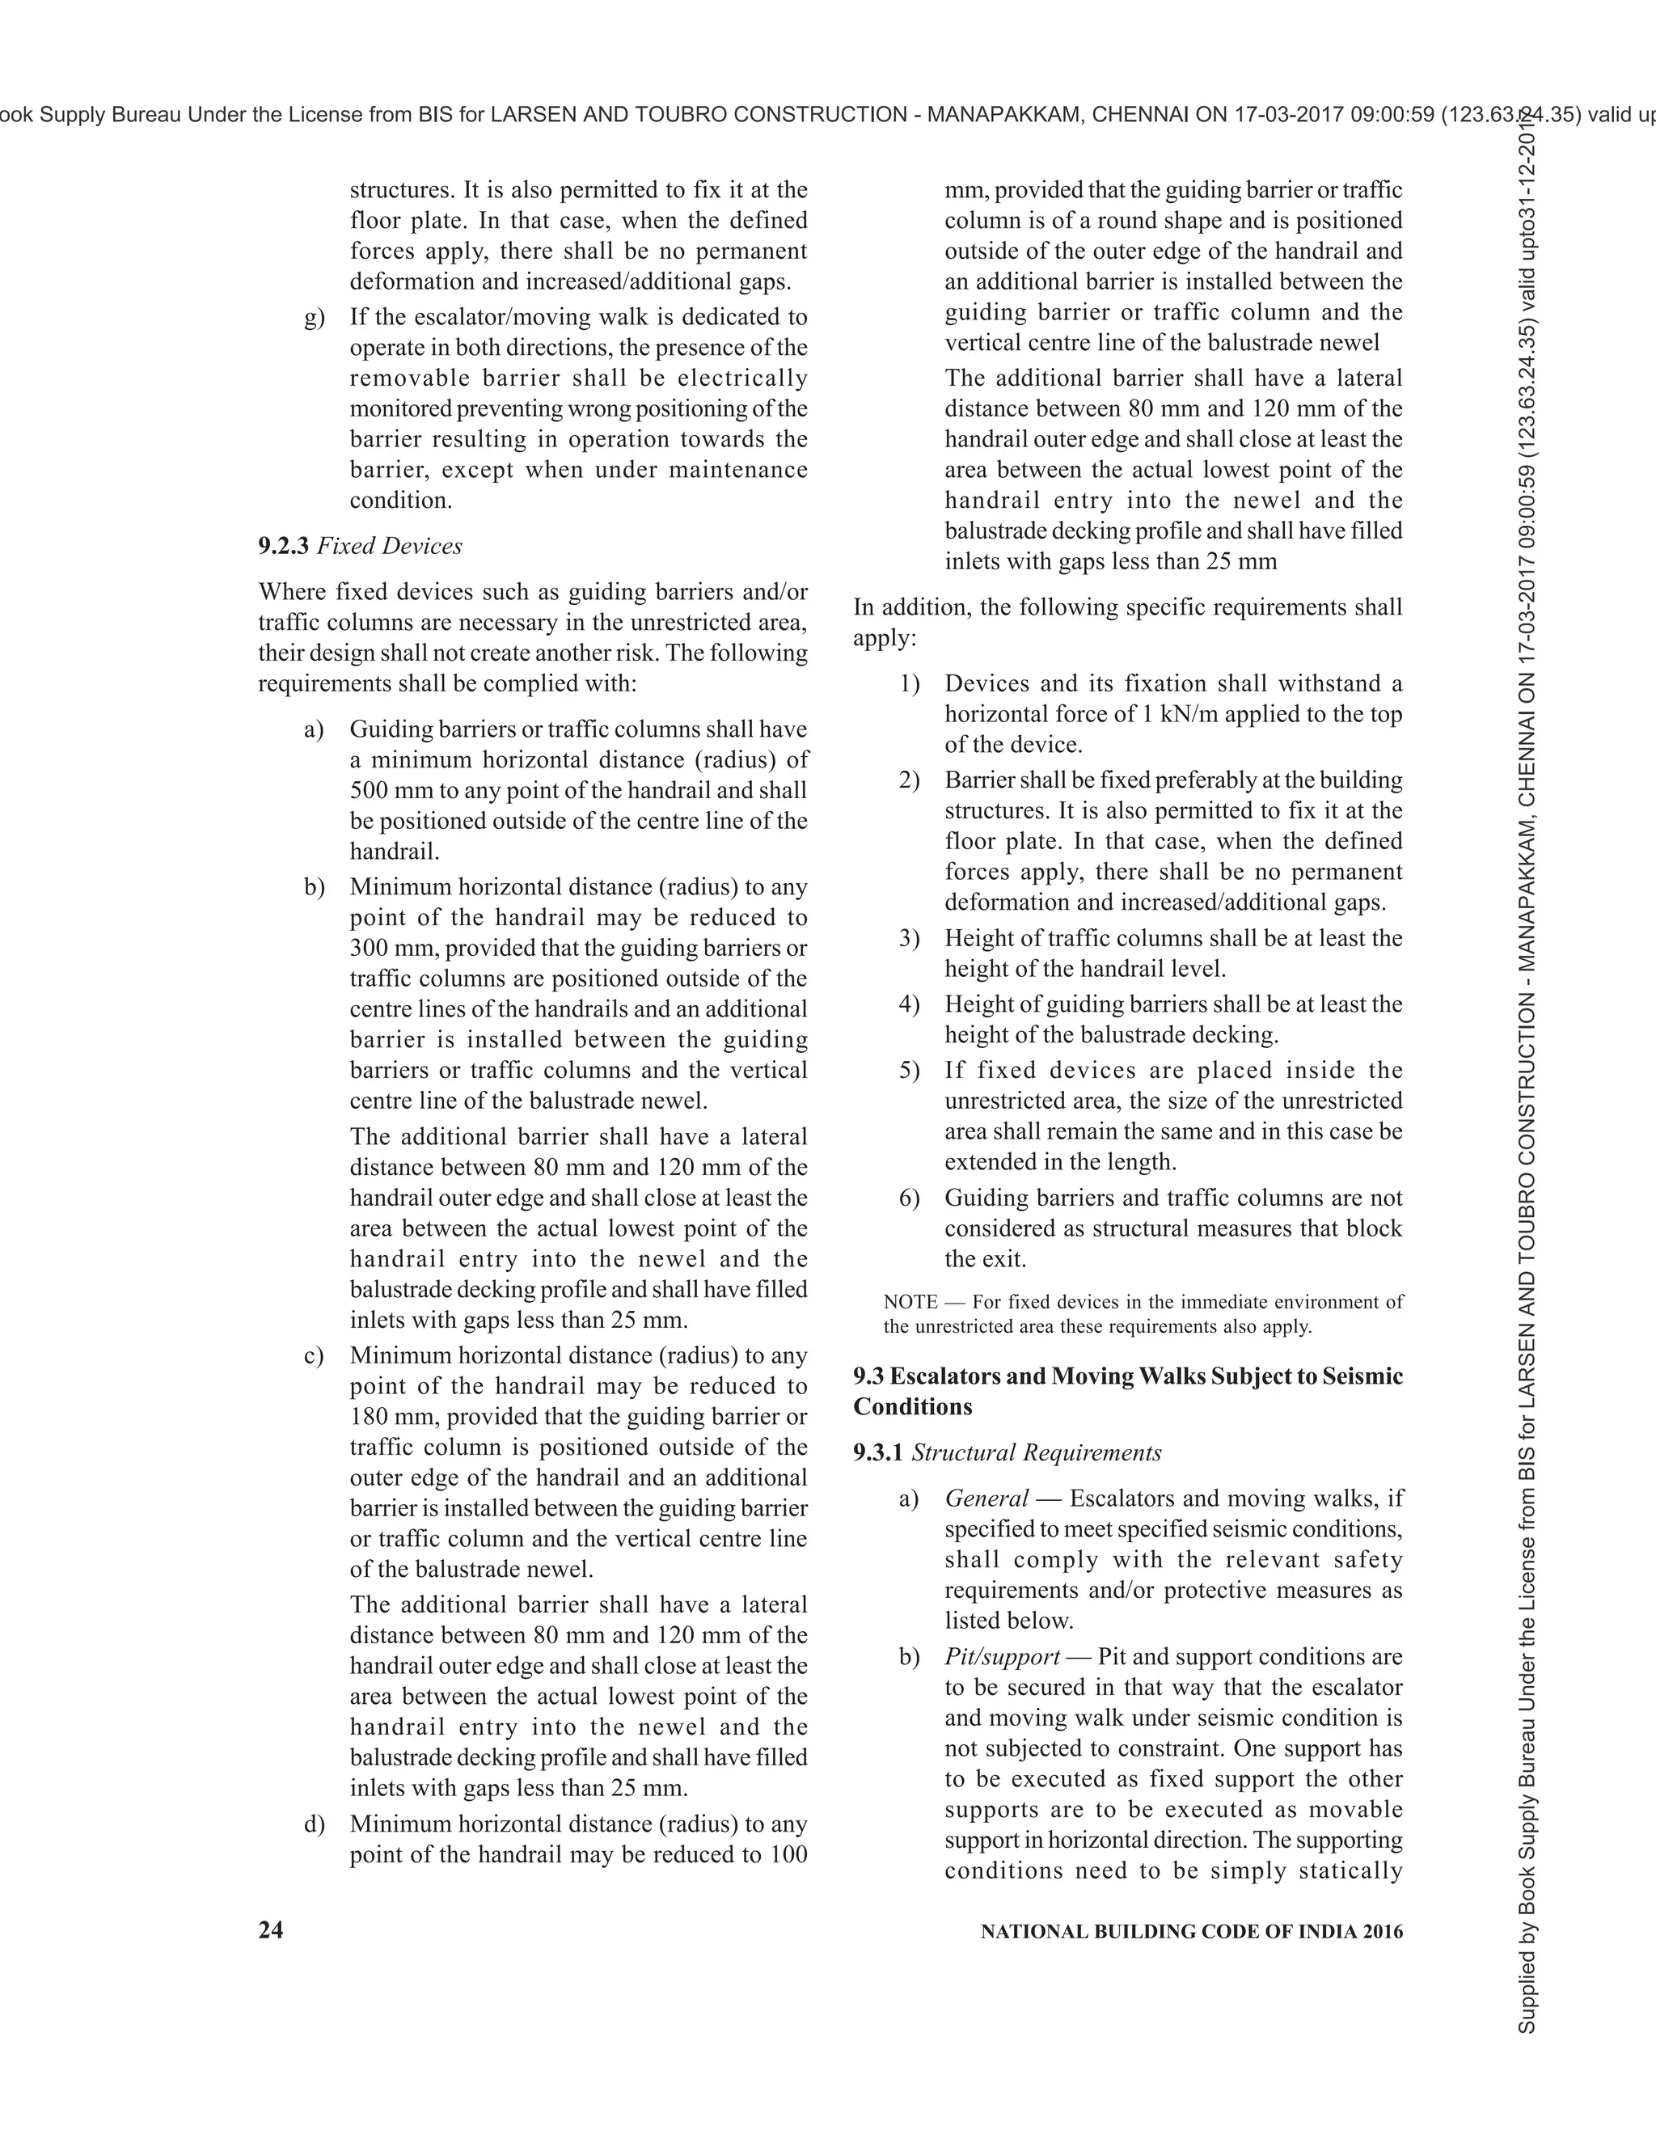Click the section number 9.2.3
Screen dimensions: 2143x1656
284,547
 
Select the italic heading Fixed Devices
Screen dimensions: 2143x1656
390,547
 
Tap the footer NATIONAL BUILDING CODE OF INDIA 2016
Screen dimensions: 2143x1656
1192,1931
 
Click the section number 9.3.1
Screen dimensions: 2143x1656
878,1453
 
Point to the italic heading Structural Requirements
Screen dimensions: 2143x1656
1037,1453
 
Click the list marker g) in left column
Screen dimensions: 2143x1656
314,318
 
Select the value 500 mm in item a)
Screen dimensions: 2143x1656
385,791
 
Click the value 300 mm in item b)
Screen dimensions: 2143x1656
385,949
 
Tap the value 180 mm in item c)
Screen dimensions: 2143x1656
385,1417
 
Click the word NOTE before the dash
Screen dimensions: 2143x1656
910,1302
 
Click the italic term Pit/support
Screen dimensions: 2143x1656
1003,1657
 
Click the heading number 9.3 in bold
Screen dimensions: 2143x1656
868,1376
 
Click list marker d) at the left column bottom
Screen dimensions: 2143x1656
314,1824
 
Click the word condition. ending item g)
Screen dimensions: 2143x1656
401,501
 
